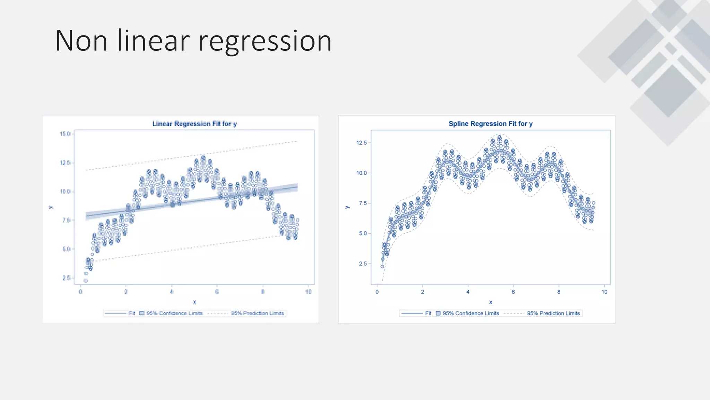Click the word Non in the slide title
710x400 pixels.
click(x=81, y=41)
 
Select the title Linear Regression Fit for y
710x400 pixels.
click(x=194, y=124)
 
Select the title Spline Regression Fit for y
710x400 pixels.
click(x=490, y=124)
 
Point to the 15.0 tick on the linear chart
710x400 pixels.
click(x=65, y=134)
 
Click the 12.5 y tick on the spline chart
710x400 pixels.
click(x=361, y=143)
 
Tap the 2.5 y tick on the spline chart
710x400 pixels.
click(x=363, y=264)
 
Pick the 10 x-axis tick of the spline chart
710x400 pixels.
click(x=604, y=292)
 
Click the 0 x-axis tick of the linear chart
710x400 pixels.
click(x=80, y=292)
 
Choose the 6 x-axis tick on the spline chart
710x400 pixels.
click(x=513, y=292)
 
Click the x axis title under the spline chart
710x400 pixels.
click(x=491, y=302)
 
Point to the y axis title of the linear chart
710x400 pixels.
click(x=51, y=207)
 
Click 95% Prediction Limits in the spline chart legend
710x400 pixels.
click(x=553, y=313)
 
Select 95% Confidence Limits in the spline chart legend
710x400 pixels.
click(x=470, y=313)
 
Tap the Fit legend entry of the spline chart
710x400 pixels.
click(x=428, y=313)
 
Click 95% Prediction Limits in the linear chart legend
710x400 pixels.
click(x=257, y=313)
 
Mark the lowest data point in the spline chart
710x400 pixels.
click(x=382, y=267)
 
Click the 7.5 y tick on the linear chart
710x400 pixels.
click(x=66, y=220)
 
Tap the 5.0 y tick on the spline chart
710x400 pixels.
click(x=363, y=233)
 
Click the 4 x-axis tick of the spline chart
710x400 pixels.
click(x=468, y=292)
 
